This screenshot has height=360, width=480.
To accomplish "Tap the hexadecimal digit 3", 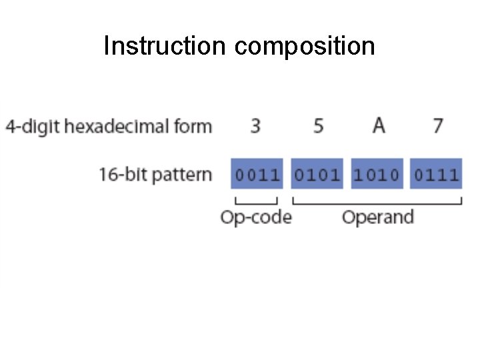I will pos(256,125).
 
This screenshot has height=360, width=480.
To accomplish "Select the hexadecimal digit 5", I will pos(318,125).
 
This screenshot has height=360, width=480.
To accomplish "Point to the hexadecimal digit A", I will pos(378,125).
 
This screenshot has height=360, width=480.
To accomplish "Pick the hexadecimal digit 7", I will pos(437,125).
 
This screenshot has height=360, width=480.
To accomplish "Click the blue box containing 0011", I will pos(257,175).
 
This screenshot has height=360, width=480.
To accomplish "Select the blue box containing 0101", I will pos(317,175).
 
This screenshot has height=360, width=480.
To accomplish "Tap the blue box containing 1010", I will pos(377,175).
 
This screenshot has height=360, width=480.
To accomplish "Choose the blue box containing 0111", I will pos(436,175).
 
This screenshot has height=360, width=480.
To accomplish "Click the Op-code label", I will pos(256,217).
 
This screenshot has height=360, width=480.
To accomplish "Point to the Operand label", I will pos(377,217).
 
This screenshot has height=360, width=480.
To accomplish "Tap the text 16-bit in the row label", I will pos(119,175).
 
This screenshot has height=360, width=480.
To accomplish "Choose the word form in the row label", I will pos(195,126).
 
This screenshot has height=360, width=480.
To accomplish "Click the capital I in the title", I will pos(107,46).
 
